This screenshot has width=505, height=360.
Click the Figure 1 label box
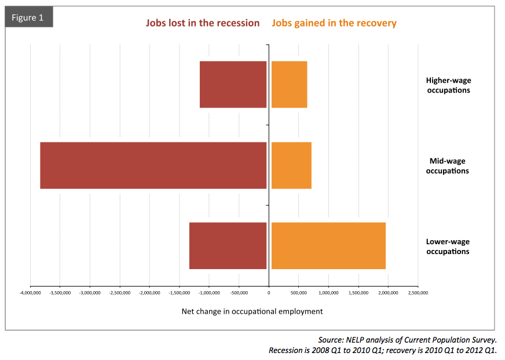click(x=29, y=17)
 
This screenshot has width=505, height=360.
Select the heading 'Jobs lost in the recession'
click(x=203, y=23)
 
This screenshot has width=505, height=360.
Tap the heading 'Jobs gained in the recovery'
click(x=334, y=23)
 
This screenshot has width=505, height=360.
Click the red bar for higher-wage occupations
click(x=233, y=85)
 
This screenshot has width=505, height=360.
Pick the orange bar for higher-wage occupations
click(x=289, y=85)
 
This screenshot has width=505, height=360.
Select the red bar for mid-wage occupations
click(x=153, y=165)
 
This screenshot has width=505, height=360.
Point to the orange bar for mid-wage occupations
click(x=291, y=165)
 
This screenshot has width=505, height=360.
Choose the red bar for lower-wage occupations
click(x=228, y=245)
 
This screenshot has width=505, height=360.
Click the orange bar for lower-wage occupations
click(x=328, y=245)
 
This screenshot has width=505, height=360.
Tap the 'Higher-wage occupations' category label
click(x=448, y=85)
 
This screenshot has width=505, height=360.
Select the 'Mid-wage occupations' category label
click(x=448, y=166)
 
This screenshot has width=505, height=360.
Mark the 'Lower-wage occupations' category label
click(x=448, y=246)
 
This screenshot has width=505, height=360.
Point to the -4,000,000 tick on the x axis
click(x=30, y=293)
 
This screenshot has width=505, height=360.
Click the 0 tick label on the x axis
click(x=269, y=293)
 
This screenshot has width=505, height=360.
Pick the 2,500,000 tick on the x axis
click(x=418, y=293)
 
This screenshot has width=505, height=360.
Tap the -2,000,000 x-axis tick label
click(x=149, y=293)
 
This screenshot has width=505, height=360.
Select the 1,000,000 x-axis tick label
click(x=328, y=293)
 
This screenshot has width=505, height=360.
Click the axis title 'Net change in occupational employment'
click(x=252, y=311)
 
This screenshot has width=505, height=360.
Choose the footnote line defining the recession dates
click(x=382, y=350)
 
